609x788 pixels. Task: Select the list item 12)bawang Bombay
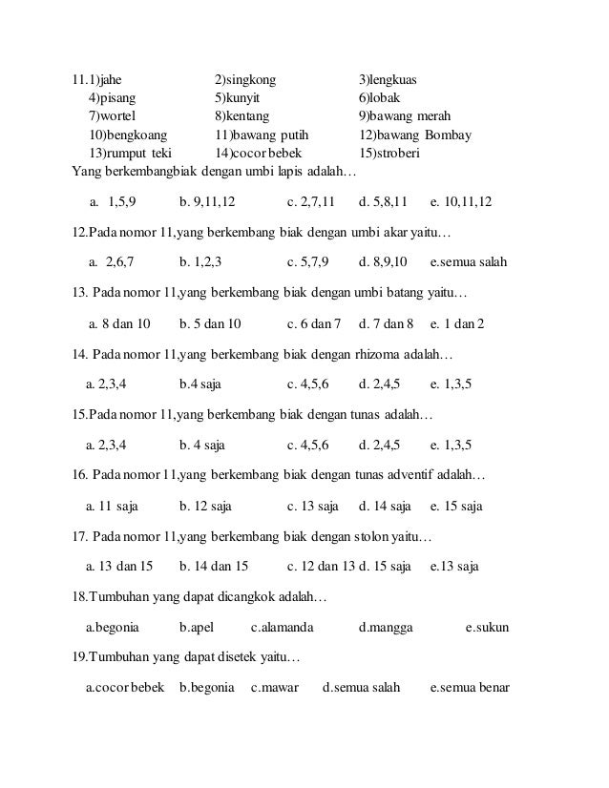[x=414, y=135]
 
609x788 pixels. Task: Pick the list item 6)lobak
[x=379, y=97]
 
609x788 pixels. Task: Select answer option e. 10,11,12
[x=461, y=202]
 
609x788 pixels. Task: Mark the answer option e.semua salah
[x=469, y=262]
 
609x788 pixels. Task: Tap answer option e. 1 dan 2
[x=457, y=323]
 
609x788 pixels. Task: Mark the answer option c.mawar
[x=275, y=687]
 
